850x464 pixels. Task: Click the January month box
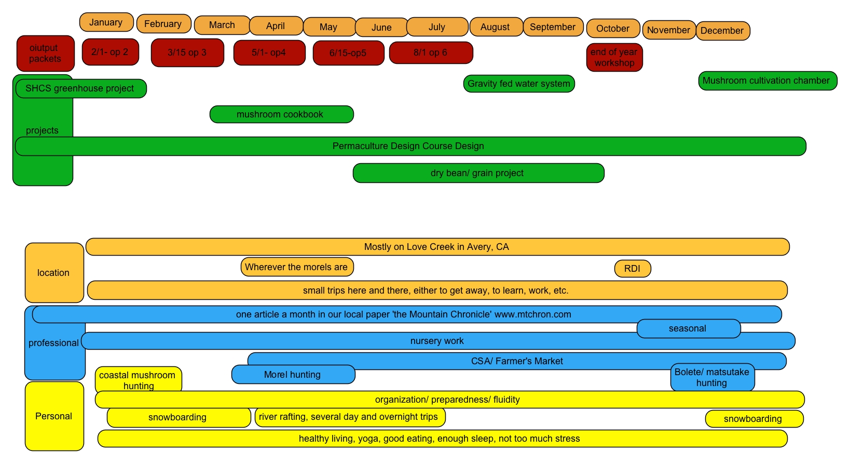[106, 22]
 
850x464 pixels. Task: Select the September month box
[553, 27]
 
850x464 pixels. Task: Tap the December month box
[722, 31]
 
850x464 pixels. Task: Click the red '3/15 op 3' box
[187, 52]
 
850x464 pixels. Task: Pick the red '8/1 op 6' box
[431, 52]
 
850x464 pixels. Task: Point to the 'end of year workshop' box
[614, 57]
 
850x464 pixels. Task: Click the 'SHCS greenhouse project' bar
[80, 88]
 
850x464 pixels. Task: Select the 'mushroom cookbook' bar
[281, 114]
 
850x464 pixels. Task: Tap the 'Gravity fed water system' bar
[519, 84]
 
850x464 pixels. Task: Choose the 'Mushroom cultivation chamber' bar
[767, 81]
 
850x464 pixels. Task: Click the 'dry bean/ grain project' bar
[478, 173]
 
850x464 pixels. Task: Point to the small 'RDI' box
[632, 269]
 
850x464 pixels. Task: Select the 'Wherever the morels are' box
[297, 267]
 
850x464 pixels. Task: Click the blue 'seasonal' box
[688, 328]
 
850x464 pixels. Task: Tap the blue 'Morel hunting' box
[293, 375]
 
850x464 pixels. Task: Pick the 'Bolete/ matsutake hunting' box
[712, 378]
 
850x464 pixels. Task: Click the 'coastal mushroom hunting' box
[138, 380]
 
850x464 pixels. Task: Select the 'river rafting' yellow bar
[349, 417]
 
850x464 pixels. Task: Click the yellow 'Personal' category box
[54, 416]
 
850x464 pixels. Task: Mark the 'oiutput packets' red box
[45, 53]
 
